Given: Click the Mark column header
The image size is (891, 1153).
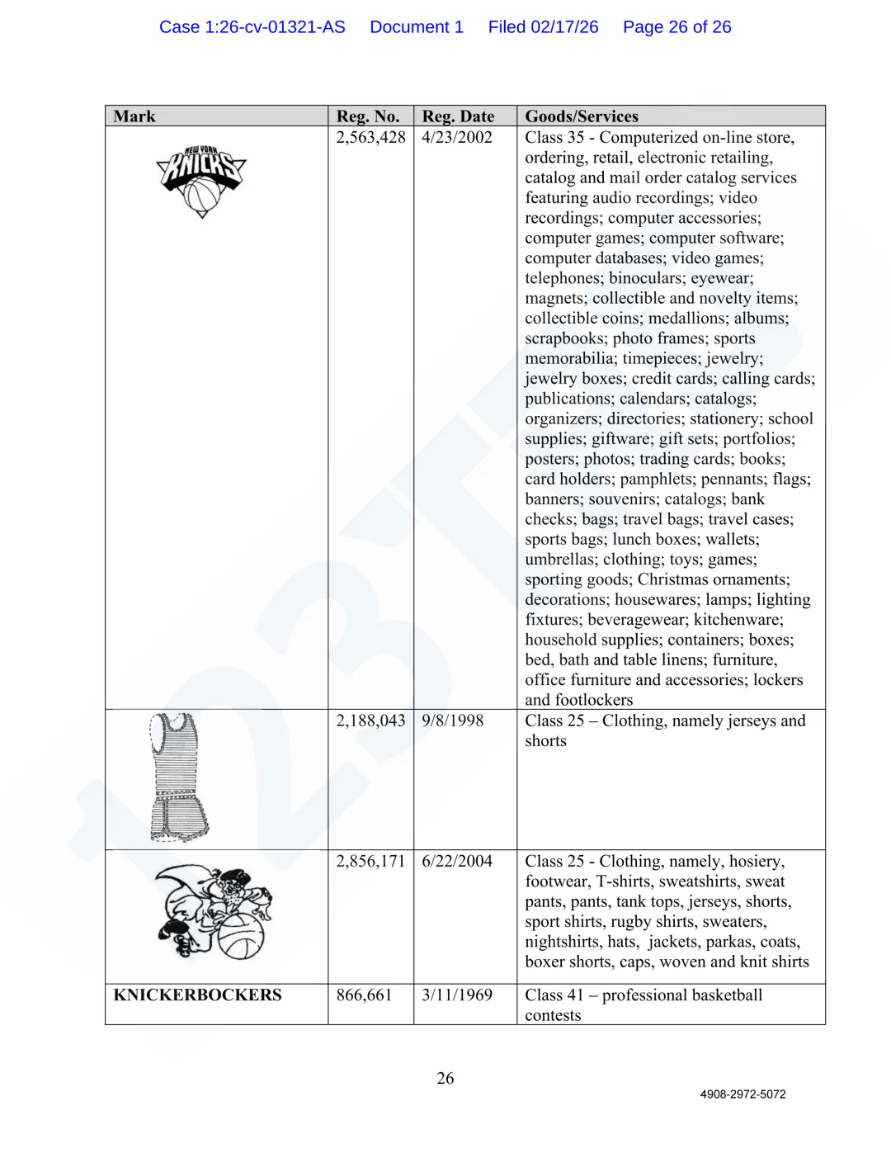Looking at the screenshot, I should (134, 116).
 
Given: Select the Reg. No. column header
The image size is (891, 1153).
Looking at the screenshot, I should (368, 116).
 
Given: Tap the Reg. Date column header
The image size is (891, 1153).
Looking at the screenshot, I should (458, 116).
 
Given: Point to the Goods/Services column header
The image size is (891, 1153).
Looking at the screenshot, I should (582, 116).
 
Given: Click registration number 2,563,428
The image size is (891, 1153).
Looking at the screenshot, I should (370, 137).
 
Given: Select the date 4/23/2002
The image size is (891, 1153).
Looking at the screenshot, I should (457, 137).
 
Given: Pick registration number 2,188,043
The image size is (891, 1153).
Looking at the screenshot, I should (370, 721).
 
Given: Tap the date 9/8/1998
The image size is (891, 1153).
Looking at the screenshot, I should (453, 721).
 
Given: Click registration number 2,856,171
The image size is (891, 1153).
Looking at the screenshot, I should (370, 861).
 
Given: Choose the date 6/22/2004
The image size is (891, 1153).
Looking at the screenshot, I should (457, 861).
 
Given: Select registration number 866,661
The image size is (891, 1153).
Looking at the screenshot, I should (364, 995).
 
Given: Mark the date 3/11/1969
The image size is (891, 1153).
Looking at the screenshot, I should (457, 995).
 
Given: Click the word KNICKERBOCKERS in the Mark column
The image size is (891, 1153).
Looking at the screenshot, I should (197, 995).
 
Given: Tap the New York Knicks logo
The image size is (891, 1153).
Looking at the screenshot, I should (201, 181).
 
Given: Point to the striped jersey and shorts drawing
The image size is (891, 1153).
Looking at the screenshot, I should (179, 777).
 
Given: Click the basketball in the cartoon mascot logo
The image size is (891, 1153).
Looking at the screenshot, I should (240, 936).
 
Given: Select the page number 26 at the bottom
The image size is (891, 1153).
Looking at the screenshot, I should (445, 1079).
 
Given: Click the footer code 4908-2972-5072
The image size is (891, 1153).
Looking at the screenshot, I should (742, 1094).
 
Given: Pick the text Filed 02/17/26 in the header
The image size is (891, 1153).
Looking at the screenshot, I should (543, 27).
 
